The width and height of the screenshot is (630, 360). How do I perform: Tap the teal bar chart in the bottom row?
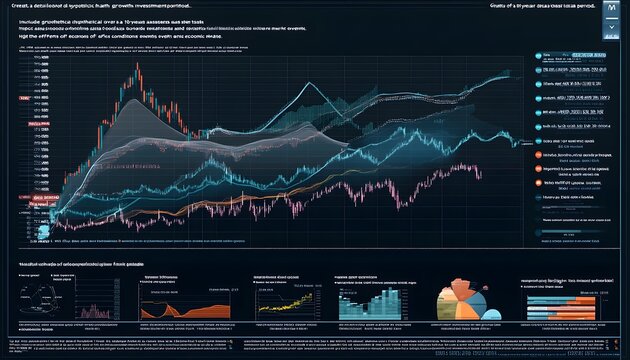pos(371,299)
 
